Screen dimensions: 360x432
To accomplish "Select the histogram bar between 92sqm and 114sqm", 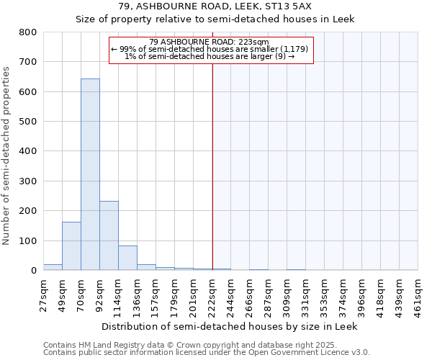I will click(109, 235).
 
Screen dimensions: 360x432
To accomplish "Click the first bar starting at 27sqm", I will click(53, 267).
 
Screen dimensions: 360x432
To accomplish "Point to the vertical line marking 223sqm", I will click(212, 166).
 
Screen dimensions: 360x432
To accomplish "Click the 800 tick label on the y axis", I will click(28, 32).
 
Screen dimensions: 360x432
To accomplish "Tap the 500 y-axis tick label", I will click(28, 122).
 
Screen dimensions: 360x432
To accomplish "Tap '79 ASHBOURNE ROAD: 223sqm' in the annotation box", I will click(210, 42).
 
